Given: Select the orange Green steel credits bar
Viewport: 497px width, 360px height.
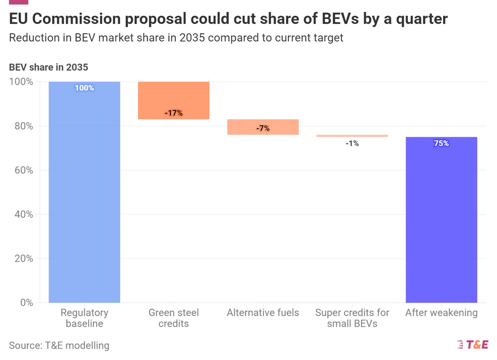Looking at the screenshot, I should (x=174, y=98).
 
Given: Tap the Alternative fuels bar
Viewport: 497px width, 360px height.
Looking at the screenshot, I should (x=263, y=127).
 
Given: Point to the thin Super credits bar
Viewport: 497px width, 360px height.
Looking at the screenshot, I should (x=352, y=136).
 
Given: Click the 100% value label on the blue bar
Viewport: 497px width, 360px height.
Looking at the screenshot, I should (x=84, y=88).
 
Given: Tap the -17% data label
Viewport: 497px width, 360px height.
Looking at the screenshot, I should (x=174, y=113).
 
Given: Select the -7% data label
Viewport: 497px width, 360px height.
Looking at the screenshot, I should (x=263, y=128).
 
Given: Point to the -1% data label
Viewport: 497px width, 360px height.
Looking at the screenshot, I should (x=352, y=144).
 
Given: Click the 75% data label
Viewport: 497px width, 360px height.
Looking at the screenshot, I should (x=441, y=144).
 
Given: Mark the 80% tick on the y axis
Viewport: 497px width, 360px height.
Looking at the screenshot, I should (x=24, y=126).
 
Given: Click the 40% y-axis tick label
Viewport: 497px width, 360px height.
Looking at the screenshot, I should (x=24, y=214).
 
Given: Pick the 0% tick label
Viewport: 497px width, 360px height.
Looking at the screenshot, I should (x=27, y=302).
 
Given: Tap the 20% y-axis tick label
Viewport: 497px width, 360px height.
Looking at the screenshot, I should (x=24, y=258).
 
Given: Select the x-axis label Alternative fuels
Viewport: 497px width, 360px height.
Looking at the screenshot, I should (x=263, y=313).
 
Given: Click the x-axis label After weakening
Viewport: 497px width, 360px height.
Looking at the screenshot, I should (x=441, y=313).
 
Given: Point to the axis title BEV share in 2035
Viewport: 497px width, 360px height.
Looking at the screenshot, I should (x=48, y=67).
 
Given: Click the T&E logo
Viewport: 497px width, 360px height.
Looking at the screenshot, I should (x=473, y=344).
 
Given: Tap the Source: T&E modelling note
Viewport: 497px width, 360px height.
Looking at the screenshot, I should (x=59, y=345).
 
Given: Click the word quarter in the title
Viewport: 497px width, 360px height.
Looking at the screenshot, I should (x=422, y=19).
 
